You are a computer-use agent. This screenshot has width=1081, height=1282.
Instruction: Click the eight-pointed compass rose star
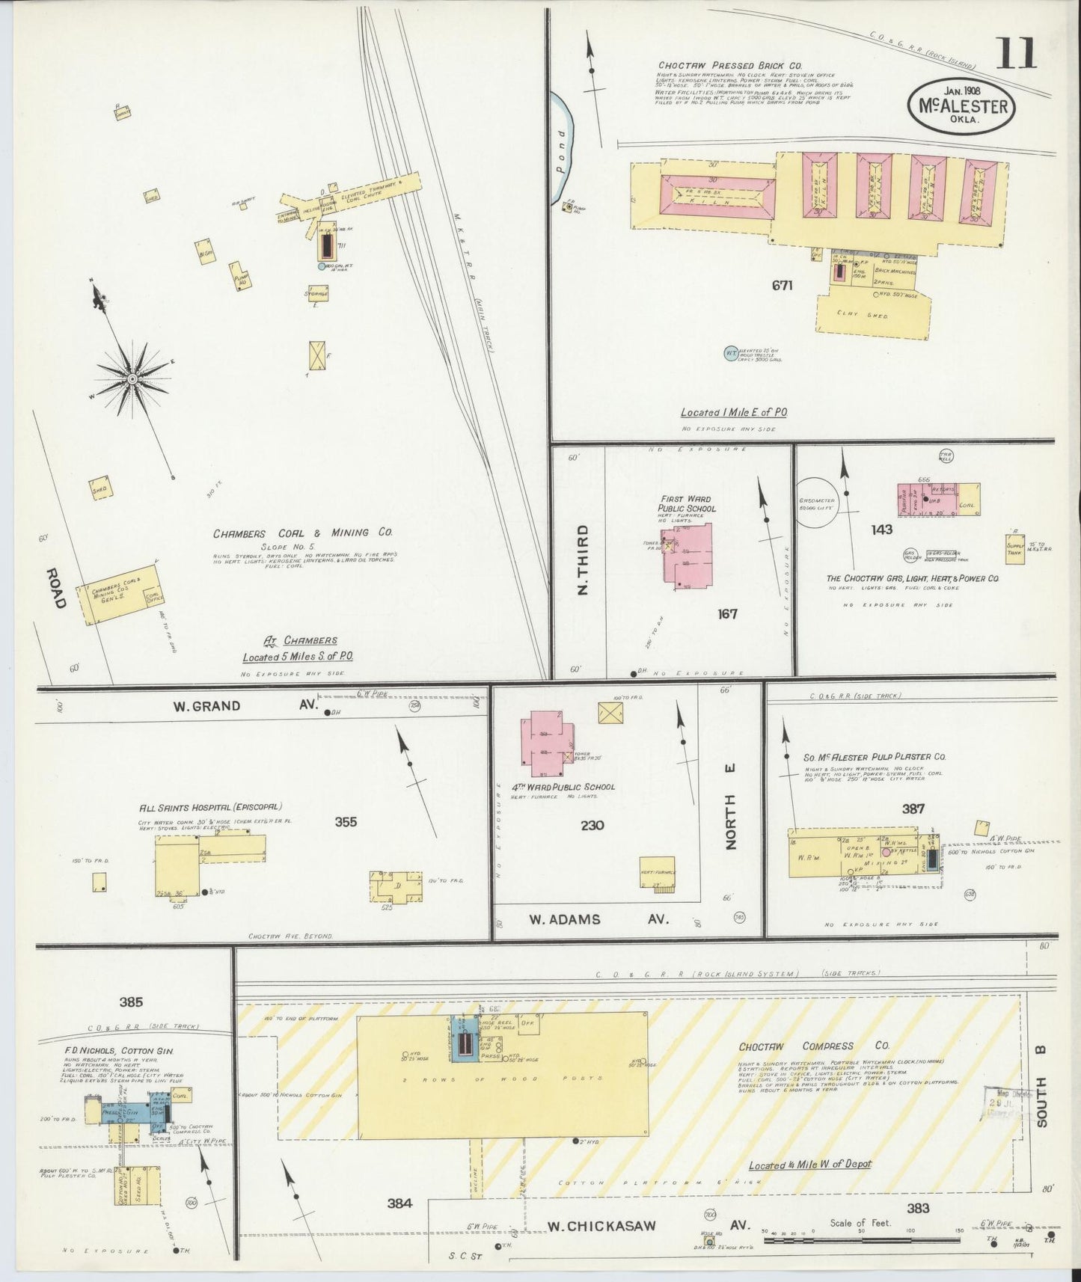pos(132,379)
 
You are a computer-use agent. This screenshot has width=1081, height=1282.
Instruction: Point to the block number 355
pos(346,822)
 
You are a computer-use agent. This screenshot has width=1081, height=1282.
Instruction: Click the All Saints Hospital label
pos(209,807)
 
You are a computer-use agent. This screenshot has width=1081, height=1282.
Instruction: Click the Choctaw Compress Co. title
pos(796,1046)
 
